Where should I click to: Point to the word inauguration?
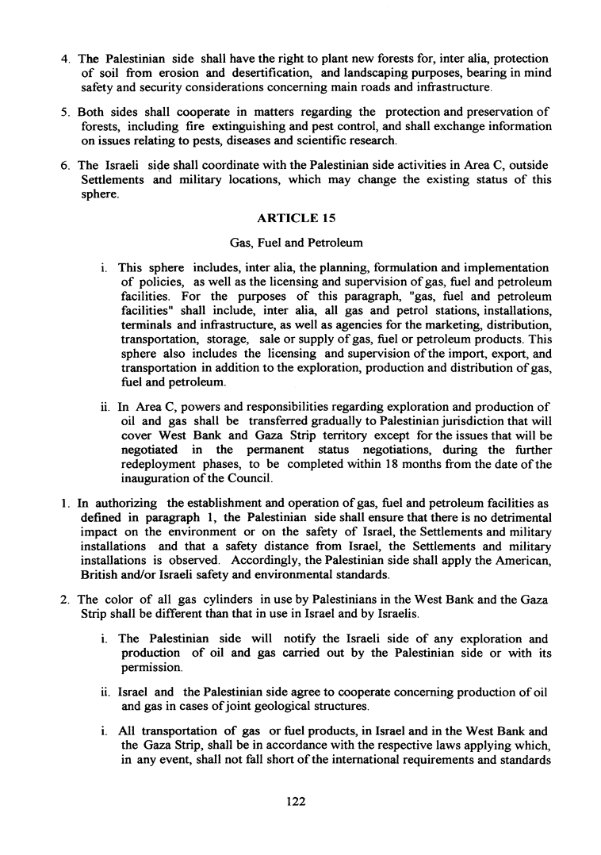(156, 478)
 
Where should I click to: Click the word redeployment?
(163, 464)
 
